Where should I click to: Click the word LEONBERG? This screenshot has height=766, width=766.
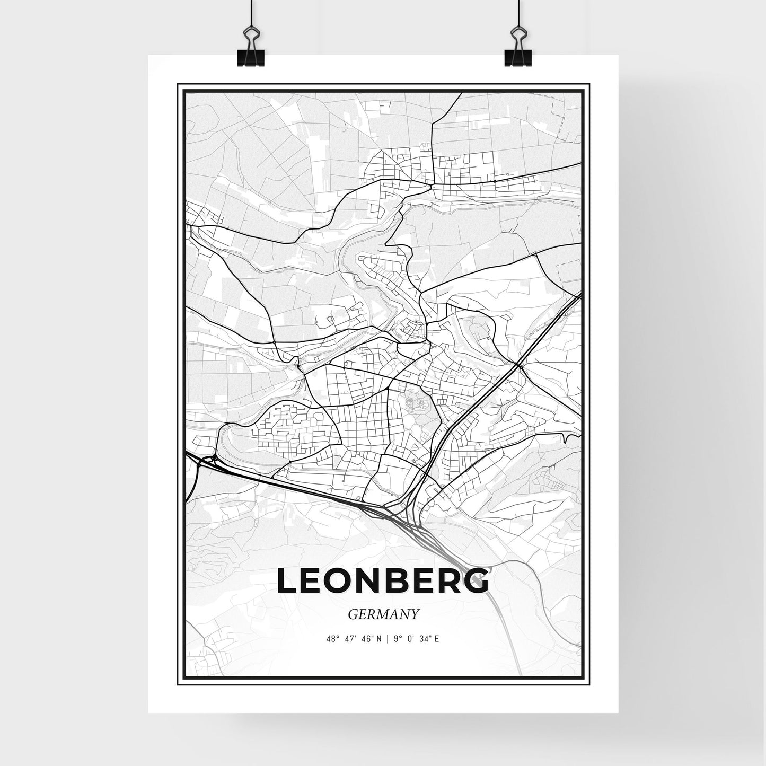click(x=383, y=582)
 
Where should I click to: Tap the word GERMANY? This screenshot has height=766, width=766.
click(x=384, y=614)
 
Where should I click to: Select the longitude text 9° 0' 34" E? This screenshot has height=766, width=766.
click(x=416, y=639)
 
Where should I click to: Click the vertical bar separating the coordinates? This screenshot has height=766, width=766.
click(x=388, y=639)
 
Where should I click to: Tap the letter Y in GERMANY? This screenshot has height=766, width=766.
click(x=415, y=614)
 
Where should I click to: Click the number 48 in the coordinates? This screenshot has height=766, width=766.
click(x=332, y=639)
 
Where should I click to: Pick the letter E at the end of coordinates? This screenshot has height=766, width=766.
click(x=436, y=639)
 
